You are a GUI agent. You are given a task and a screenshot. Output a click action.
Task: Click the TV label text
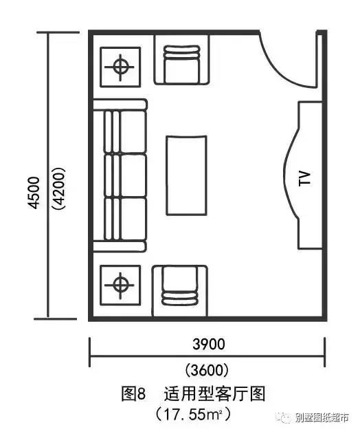[x=305, y=178]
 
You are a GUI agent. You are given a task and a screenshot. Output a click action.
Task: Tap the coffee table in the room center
[x=186, y=175]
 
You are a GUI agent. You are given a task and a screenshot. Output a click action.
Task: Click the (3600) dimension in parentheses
[x=207, y=369]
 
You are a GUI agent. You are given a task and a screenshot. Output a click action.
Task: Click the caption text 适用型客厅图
[x=214, y=394]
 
